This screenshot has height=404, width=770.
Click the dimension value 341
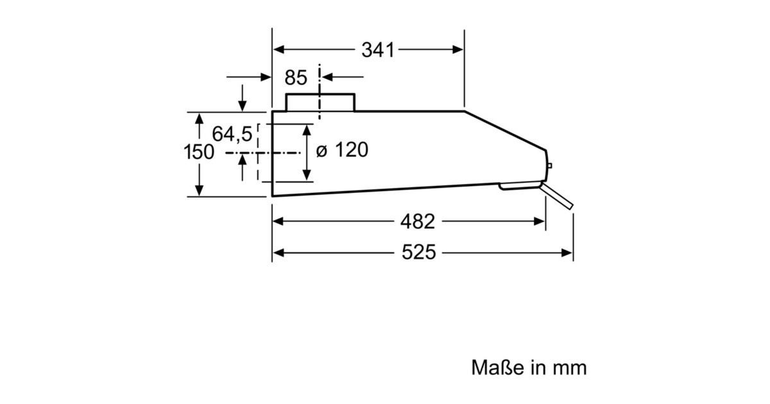click(377, 50)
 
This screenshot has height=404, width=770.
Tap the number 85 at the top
click(296, 78)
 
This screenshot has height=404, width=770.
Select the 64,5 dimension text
click(232, 135)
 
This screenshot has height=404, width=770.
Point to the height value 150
click(199, 153)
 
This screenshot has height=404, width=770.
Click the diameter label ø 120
click(343, 150)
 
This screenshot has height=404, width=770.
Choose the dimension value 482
click(417, 221)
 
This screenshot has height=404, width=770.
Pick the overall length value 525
click(418, 253)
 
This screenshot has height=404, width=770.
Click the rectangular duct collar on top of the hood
click(320, 102)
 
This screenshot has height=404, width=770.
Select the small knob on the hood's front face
click(550, 166)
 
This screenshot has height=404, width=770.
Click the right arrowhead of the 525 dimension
click(567, 253)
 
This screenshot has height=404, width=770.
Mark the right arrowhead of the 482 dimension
click(540, 221)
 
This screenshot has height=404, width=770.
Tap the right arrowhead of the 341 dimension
click(458, 50)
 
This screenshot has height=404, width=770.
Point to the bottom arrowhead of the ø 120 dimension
click(307, 174)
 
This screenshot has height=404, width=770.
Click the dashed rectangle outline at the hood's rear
click(259, 153)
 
